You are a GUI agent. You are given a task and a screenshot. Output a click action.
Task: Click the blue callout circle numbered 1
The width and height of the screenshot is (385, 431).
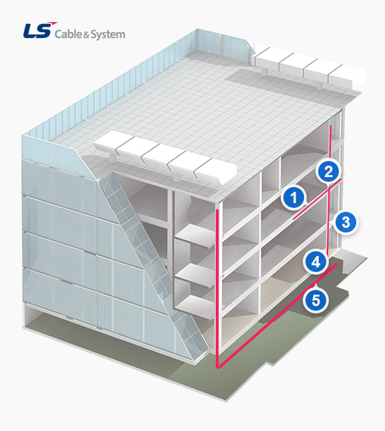point(294,197)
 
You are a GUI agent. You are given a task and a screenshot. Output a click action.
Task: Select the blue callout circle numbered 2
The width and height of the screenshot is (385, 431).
point(328,172)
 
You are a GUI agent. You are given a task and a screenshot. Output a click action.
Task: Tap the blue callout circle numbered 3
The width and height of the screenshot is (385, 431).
point(346,222)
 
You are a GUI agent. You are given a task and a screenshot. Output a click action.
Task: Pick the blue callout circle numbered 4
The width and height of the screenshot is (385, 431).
point(315,262)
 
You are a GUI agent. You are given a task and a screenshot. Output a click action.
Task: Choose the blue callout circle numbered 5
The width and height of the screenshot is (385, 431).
point(315,300)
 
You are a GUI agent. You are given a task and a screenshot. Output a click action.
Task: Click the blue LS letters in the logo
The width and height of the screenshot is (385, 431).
point(37,31)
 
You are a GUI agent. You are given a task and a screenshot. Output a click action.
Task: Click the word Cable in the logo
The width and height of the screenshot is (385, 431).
point(68,34)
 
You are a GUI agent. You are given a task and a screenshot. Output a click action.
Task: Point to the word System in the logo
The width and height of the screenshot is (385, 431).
point(108,35)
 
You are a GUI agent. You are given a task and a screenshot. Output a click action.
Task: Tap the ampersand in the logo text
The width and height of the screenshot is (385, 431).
point(86,35)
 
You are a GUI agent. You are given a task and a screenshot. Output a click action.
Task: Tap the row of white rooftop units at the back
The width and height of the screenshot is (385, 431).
point(308,66)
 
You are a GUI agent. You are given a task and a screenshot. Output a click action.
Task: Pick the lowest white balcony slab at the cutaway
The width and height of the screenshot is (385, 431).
point(195,308)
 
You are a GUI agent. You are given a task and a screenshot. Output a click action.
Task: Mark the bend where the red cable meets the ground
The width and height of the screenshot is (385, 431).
point(218,367)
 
